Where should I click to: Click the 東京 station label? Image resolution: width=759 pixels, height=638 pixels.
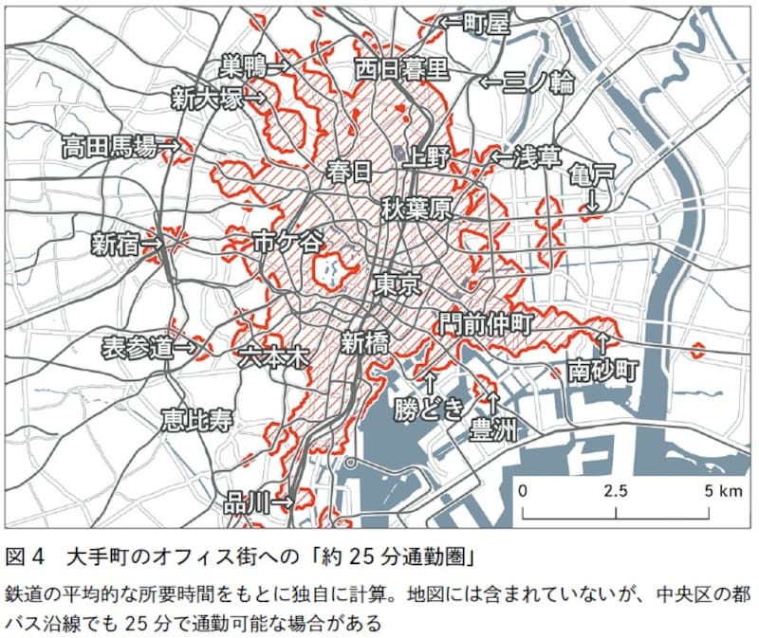pyautogui.click(x=397, y=285)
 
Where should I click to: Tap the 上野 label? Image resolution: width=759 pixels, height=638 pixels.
pyautogui.click(x=423, y=157)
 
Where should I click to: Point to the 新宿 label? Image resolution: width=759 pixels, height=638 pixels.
pyautogui.click(x=115, y=245)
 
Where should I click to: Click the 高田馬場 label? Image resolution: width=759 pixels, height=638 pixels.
pyautogui.click(x=108, y=146)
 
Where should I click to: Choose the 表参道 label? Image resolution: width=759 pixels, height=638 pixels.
pyautogui.click(x=139, y=348)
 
